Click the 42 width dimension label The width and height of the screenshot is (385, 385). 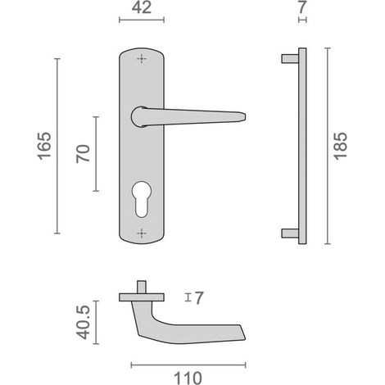(142, 8)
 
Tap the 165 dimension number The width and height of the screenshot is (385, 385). (44, 146)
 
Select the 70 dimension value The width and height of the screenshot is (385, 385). (83, 154)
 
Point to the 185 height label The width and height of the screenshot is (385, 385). (340, 146)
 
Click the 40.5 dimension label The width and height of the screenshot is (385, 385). (83, 322)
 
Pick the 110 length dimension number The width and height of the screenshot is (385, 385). (188, 378)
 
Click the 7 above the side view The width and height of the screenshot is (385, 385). (302, 7)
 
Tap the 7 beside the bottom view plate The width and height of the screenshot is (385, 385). (199, 298)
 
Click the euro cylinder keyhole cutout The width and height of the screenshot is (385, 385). (142, 198)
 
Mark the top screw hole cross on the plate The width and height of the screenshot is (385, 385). (142, 59)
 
